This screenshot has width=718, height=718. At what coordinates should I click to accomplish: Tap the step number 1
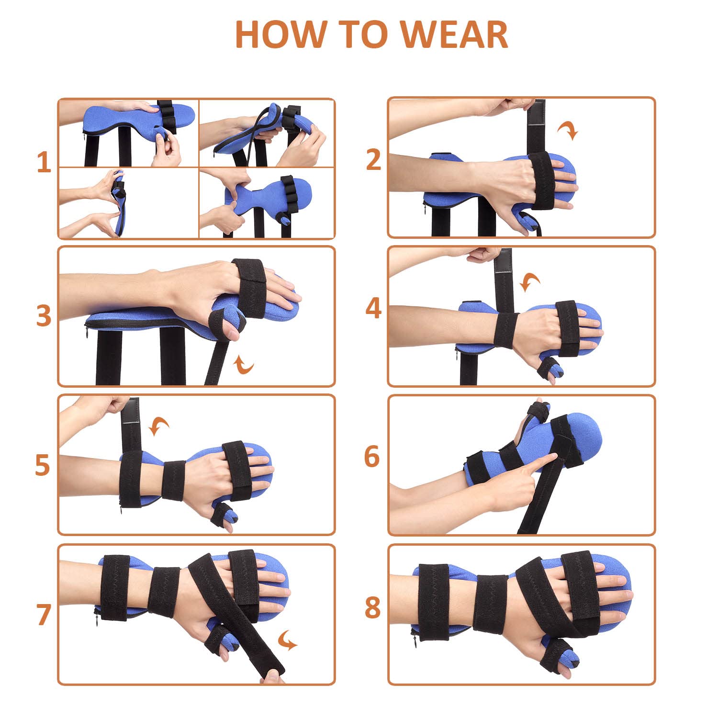point(44,163)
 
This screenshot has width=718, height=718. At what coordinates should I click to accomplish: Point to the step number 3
point(44,316)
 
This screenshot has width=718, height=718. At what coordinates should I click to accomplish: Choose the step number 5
point(42,465)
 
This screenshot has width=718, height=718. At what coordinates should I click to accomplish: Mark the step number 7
point(43,615)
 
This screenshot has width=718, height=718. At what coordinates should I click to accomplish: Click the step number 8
point(372,608)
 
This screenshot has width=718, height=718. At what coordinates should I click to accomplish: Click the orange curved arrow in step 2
point(568,130)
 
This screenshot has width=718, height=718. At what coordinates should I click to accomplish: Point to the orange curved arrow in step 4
point(530,282)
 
